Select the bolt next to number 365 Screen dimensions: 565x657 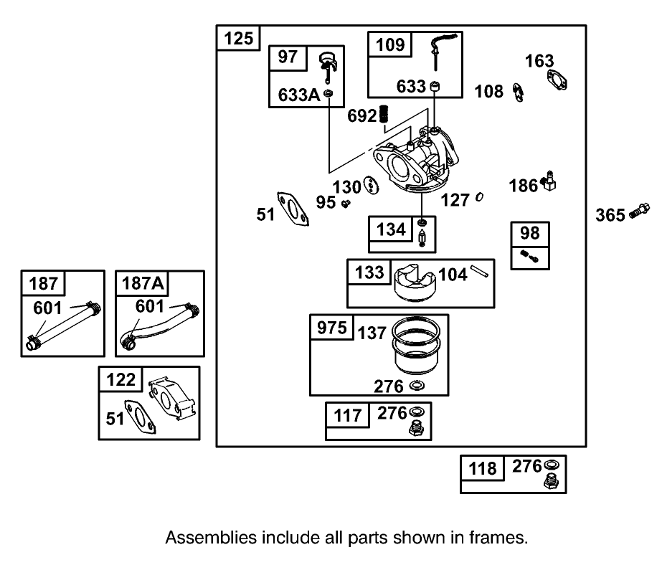tap(635, 212)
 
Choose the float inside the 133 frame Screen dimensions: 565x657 tap(415, 283)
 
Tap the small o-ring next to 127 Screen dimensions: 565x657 tap(479, 199)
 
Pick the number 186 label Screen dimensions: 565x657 tap(523, 186)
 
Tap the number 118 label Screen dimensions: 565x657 tap(483, 468)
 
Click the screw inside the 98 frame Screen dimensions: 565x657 tap(529, 255)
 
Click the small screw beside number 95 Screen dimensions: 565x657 tap(345, 204)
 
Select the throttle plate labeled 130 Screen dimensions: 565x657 tap(371, 186)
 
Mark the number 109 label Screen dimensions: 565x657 tap(390, 44)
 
